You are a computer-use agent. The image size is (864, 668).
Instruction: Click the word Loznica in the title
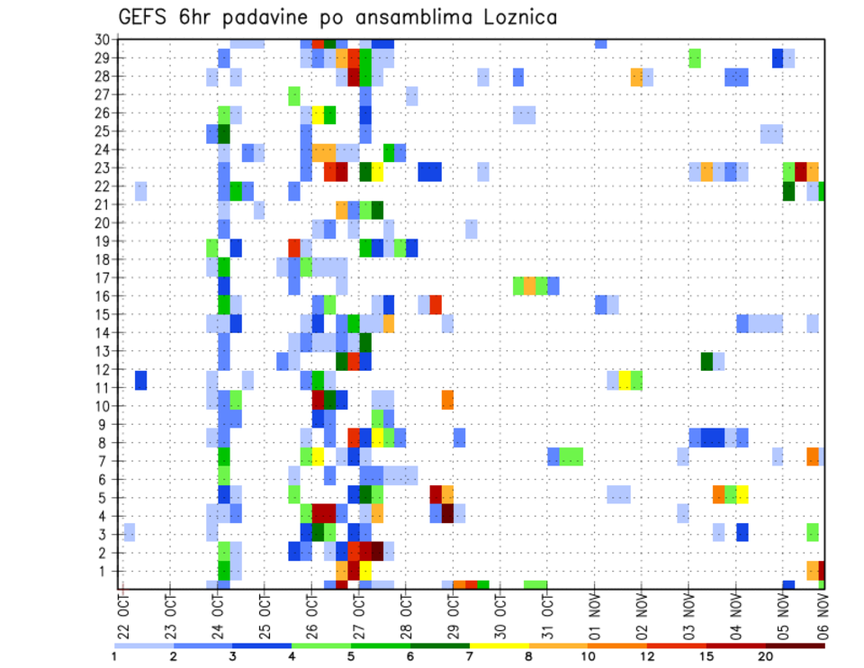508,17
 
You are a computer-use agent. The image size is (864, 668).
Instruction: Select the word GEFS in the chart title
146,17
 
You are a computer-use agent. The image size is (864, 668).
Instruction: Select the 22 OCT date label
123,615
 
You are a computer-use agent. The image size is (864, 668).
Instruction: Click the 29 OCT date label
453,615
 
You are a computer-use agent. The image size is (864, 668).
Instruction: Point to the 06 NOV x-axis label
821,615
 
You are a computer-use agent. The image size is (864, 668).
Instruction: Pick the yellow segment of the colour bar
499,645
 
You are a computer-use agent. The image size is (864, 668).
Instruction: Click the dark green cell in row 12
707,361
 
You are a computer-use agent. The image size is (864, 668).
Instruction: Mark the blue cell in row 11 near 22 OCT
141,380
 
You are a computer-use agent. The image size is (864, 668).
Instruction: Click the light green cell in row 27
294,95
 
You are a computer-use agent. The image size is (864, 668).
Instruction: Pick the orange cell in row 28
637,77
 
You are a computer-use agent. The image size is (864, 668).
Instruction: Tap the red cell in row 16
436,303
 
